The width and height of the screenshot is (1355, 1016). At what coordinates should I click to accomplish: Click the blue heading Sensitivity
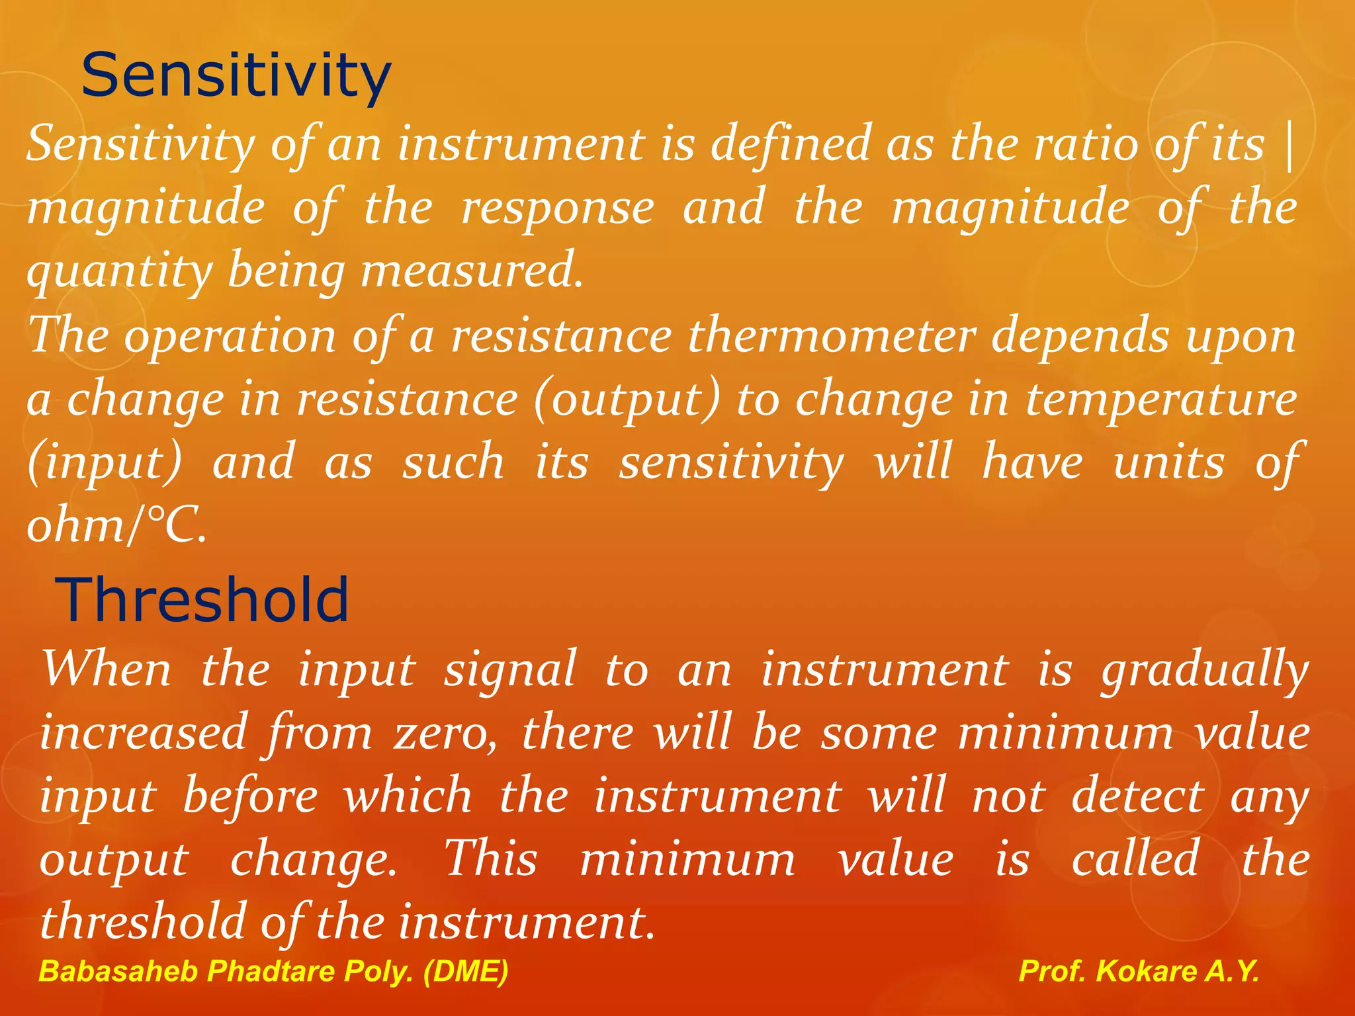tap(236, 76)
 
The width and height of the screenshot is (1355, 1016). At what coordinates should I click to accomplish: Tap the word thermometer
tap(832, 336)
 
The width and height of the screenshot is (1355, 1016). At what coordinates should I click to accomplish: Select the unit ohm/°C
tap(116, 526)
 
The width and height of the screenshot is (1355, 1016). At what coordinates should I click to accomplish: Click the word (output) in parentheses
tap(627, 400)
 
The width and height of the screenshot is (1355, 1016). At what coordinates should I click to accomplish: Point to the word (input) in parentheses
tap(105, 462)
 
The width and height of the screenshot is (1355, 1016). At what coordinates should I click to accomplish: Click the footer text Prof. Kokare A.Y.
tap(1139, 971)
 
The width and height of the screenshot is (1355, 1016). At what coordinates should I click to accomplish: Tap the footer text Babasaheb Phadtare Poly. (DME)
tap(273, 971)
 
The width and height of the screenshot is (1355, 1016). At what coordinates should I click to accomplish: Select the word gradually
tap(1205, 670)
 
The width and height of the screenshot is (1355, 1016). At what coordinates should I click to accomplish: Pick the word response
tap(558, 208)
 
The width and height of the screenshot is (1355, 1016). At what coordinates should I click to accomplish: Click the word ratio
tap(1085, 144)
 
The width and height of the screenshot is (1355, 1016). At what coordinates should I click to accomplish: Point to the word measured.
tap(472, 271)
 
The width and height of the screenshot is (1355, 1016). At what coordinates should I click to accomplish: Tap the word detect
tap(1137, 796)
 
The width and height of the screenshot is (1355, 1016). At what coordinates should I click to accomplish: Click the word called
tap(1135, 859)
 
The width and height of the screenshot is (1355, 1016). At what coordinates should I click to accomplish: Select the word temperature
tap(1161, 400)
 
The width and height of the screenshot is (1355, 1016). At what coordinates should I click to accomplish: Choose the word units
tap(1168, 462)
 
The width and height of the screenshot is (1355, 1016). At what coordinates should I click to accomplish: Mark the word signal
tap(509, 670)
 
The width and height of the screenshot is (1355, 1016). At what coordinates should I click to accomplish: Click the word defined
tap(791, 144)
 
